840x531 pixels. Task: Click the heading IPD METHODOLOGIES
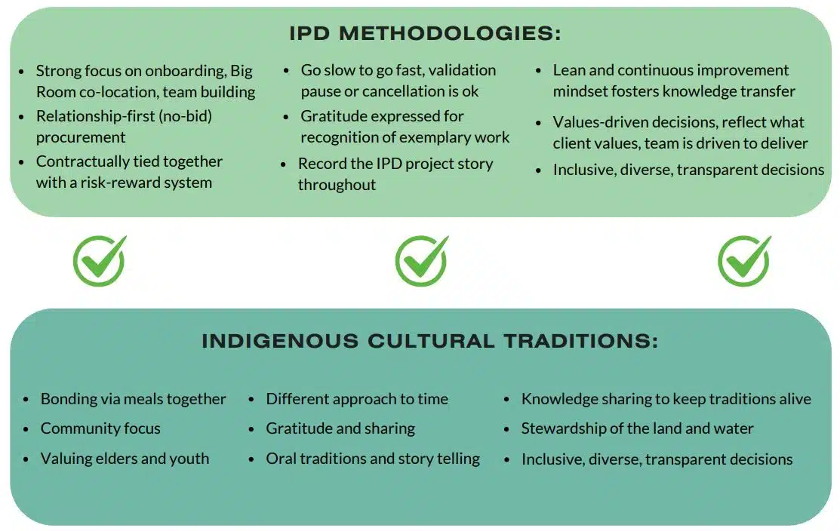425,33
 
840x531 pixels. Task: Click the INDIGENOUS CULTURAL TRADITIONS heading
429,341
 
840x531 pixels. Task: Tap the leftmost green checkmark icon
100,261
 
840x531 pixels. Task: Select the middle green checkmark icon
422,261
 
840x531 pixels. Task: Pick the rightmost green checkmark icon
745,261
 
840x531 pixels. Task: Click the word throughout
337,185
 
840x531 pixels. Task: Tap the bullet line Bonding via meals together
134,399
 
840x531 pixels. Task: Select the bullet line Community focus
100,428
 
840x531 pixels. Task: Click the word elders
116,459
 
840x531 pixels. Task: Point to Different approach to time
357,399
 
